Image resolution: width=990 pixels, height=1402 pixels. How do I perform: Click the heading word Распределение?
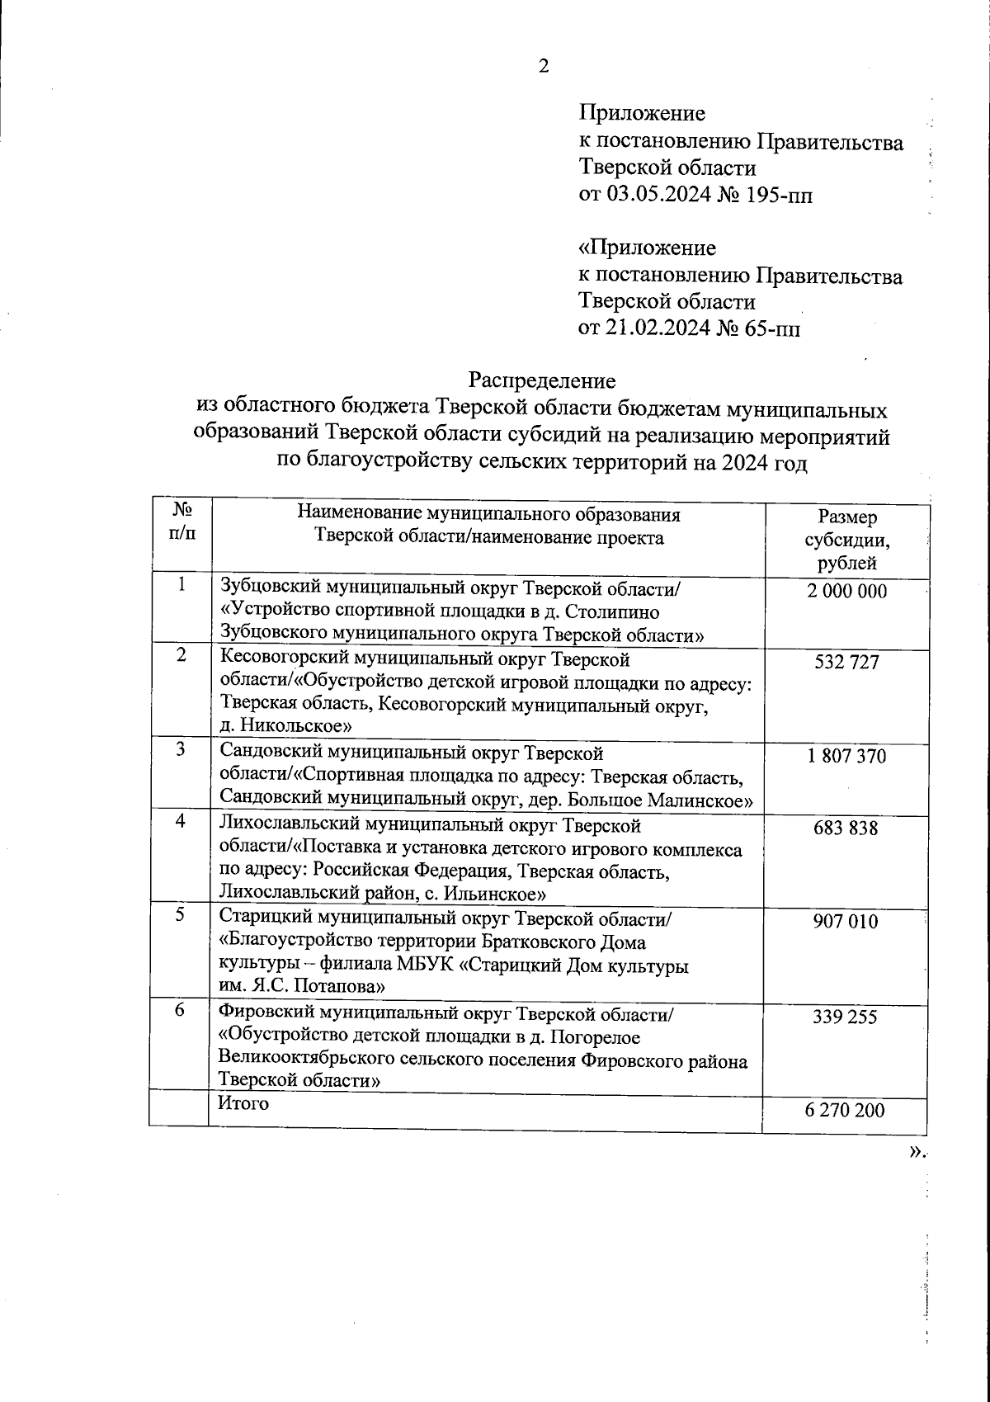click(x=542, y=380)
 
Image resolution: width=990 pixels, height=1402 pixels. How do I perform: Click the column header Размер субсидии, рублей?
click(x=847, y=541)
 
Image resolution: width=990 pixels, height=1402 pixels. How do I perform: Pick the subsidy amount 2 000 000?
click(x=847, y=591)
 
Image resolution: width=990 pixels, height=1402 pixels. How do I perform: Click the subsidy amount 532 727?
click(x=847, y=662)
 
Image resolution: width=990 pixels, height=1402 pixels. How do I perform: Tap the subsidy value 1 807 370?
click(x=847, y=756)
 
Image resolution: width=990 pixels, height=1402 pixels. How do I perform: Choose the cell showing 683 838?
click(x=847, y=828)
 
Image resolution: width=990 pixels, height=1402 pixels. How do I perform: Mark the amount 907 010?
click(x=847, y=922)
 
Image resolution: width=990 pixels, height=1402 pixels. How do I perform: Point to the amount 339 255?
click(x=847, y=1017)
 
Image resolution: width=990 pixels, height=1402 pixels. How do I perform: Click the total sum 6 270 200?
click(x=847, y=1110)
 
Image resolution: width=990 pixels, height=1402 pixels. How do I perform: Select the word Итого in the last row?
click(x=243, y=1103)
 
